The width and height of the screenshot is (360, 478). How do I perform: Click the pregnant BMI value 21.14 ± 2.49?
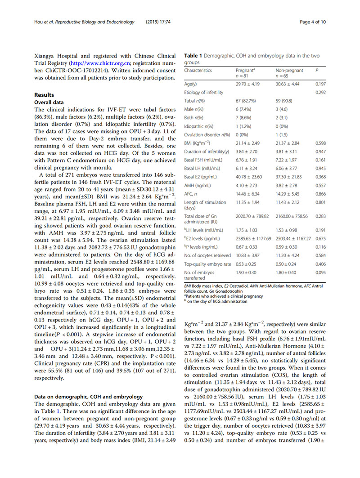click(x=248, y=135)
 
